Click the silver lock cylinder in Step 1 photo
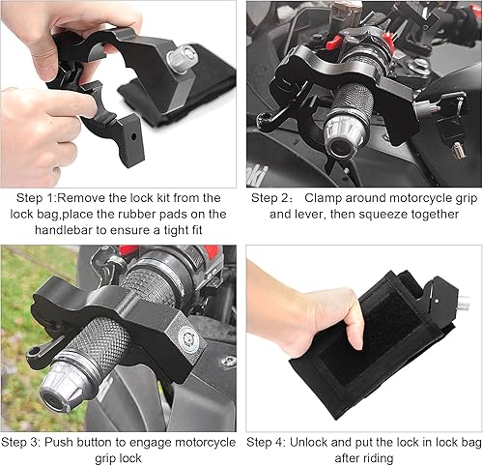180,59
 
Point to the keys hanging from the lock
450,125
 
